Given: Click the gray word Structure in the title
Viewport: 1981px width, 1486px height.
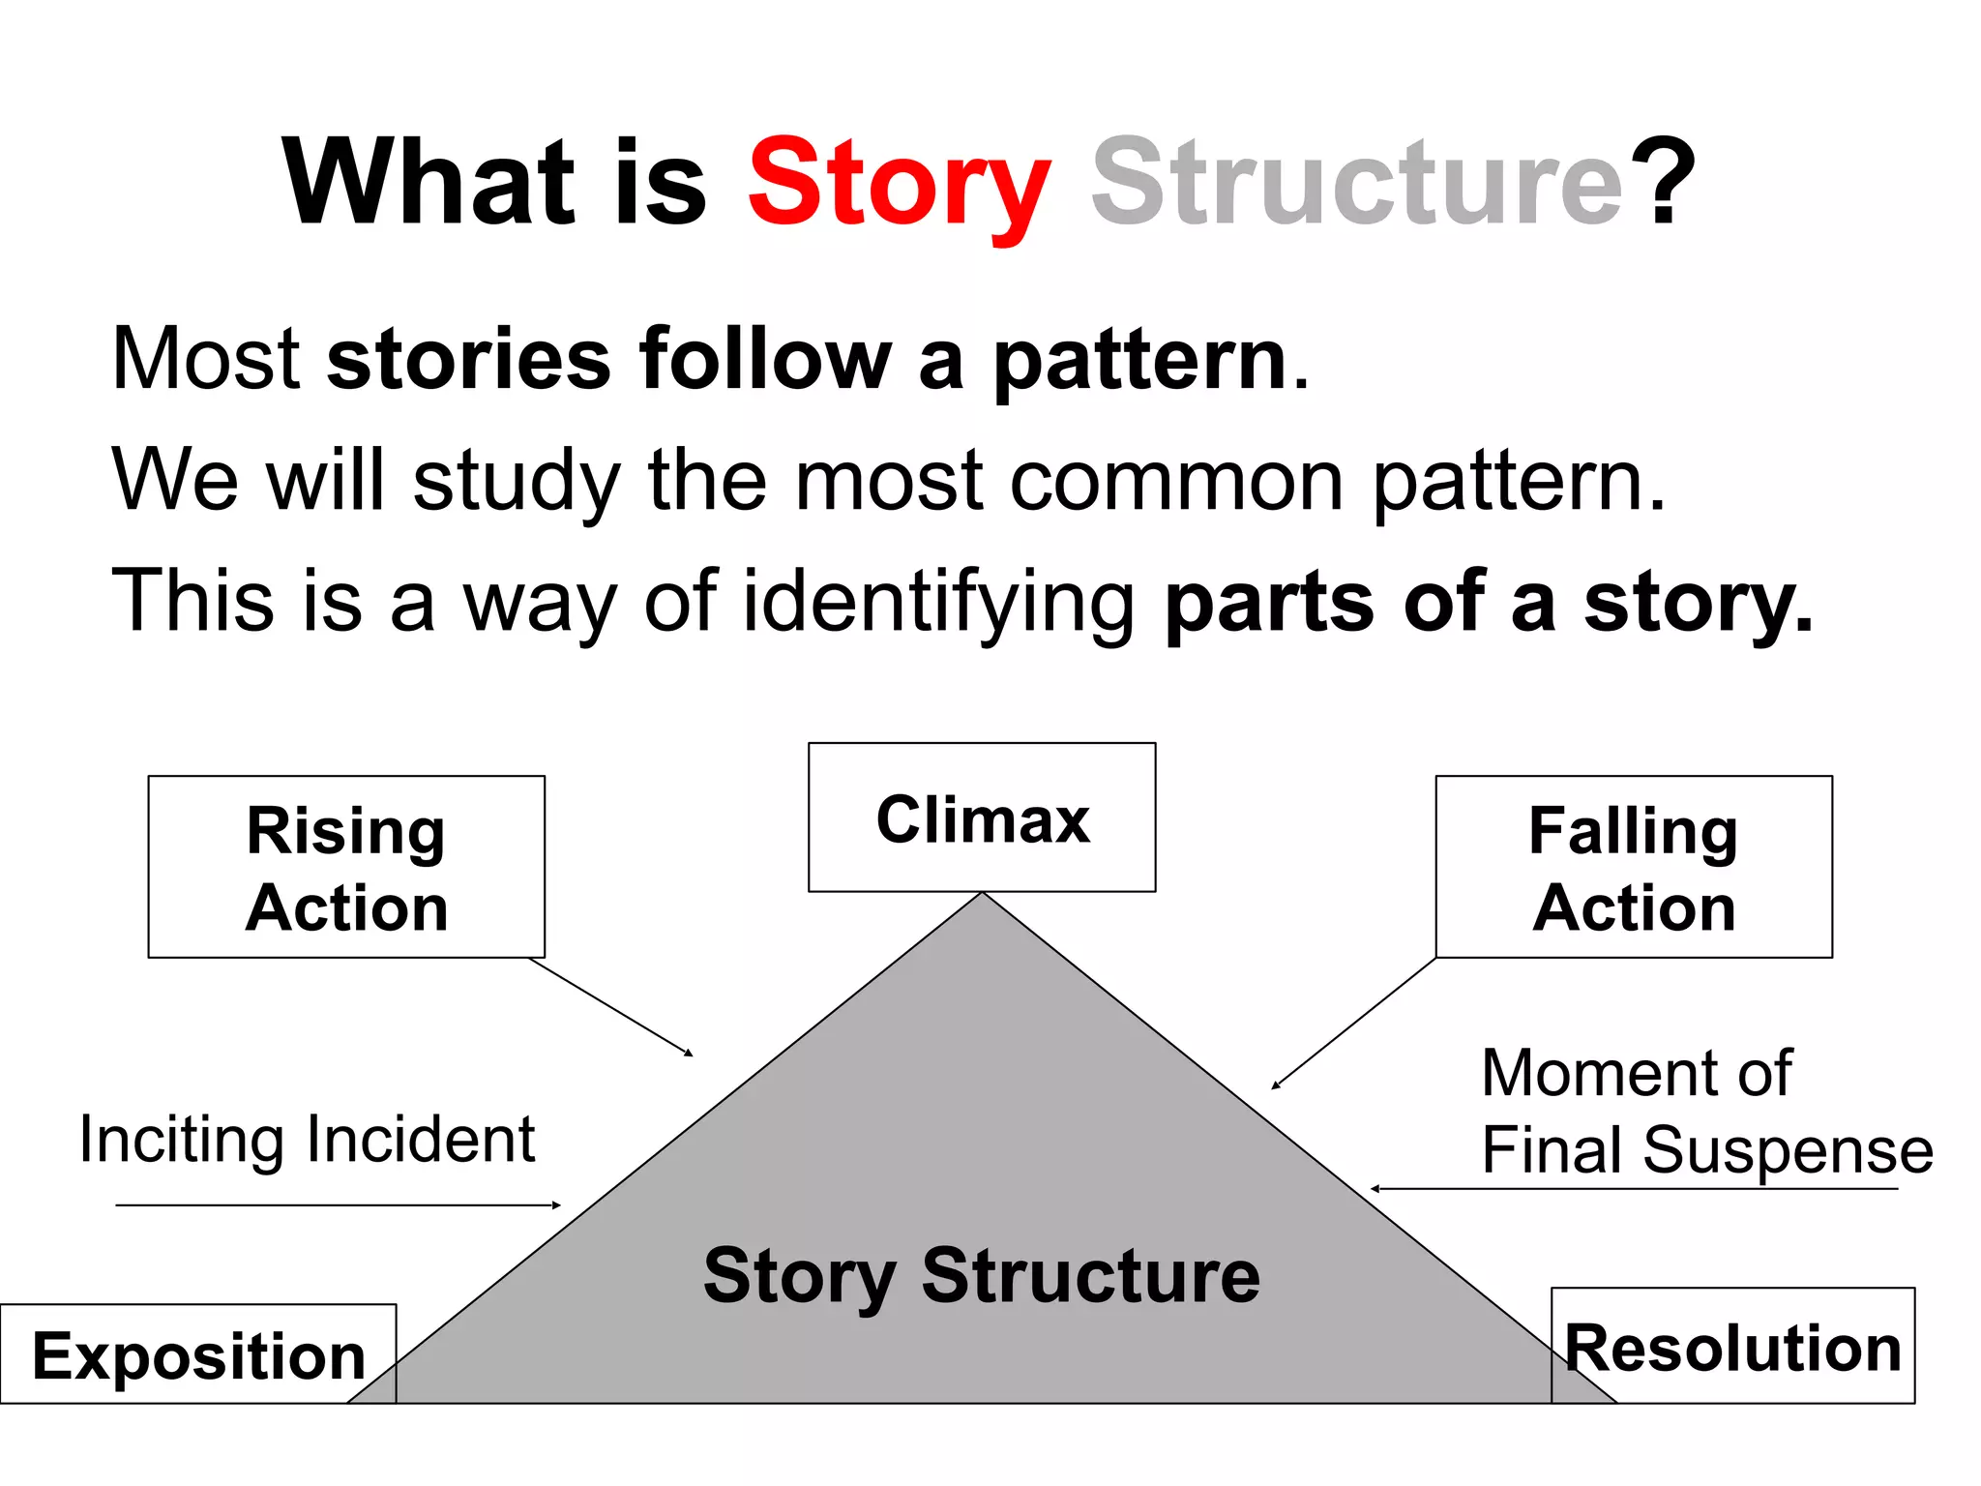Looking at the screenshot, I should click(1356, 184).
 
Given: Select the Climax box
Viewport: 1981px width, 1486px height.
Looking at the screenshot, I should click(982, 817).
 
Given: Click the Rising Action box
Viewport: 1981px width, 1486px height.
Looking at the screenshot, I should click(346, 867).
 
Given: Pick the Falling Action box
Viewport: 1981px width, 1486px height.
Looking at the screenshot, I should click(1634, 867).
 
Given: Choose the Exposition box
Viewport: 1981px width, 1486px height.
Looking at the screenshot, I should click(198, 1354).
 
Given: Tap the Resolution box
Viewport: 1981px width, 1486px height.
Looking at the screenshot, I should click(1732, 1347).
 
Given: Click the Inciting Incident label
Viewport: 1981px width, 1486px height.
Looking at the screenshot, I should click(307, 1139).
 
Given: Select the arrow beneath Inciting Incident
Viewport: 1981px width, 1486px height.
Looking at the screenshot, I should click(339, 1205).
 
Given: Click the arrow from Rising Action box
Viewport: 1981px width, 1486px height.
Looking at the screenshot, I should click(611, 1006).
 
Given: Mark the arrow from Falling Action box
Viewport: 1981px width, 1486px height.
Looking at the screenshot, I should click(1354, 1023).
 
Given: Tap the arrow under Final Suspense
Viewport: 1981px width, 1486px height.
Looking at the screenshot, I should click(1635, 1188).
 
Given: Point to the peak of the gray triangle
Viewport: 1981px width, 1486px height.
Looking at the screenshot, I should click(982, 896).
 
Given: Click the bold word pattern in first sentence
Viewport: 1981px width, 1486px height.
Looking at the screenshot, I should click(1139, 360).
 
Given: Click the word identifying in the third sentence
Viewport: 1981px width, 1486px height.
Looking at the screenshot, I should click(938, 602).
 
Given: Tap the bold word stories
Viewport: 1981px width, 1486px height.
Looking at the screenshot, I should click(469, 360).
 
